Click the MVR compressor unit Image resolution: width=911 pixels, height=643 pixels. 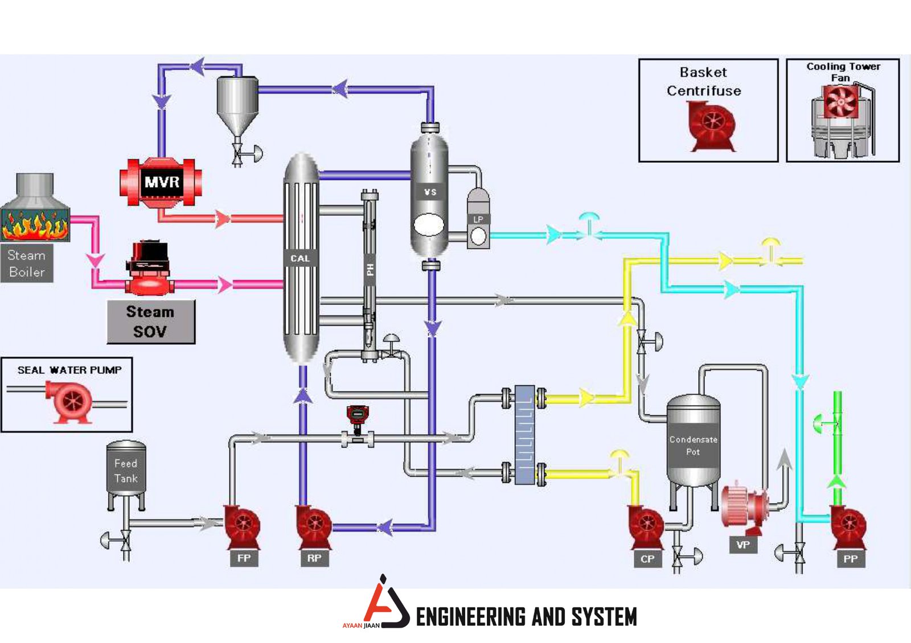[x=161, y=182]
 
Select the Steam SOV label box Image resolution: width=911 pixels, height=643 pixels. [x=151, y=322]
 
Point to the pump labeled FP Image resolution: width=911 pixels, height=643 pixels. [x=242, y=526]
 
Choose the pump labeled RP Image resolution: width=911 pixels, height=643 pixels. [x=313, y=526]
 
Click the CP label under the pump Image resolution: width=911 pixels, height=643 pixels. [x=647, y=559]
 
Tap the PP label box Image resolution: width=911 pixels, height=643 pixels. [x=850, y=559]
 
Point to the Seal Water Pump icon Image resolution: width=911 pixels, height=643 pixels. [x=69, y=401]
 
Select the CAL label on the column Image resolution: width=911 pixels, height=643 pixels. [x=300, y=258]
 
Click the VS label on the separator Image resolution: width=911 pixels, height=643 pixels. [x=430, y=192]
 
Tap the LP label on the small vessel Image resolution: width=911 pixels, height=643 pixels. [x=478, y=220]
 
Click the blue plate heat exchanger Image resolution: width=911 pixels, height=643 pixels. [x=524, y=435]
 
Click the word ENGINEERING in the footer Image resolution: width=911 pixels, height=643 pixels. [x=470, y=617]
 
